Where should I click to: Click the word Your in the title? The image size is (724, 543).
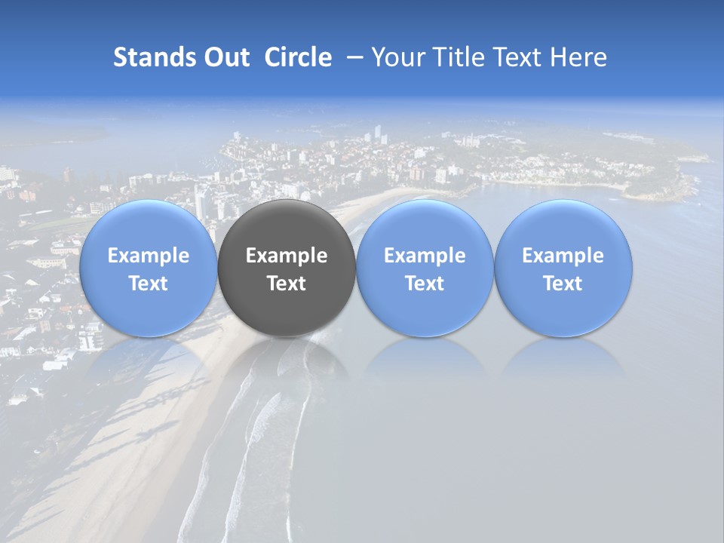[x=395, y=57]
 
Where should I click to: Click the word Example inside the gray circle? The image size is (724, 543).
[x=287, y=256]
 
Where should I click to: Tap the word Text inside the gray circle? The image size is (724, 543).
[x=287, y=284]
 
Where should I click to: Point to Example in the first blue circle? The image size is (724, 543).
[x=149, y=256]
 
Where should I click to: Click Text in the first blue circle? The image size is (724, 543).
[x=149, y=284]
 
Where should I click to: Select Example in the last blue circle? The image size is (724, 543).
[x=563, y=256]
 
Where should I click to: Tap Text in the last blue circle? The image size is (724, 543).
[x=563, y=284]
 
